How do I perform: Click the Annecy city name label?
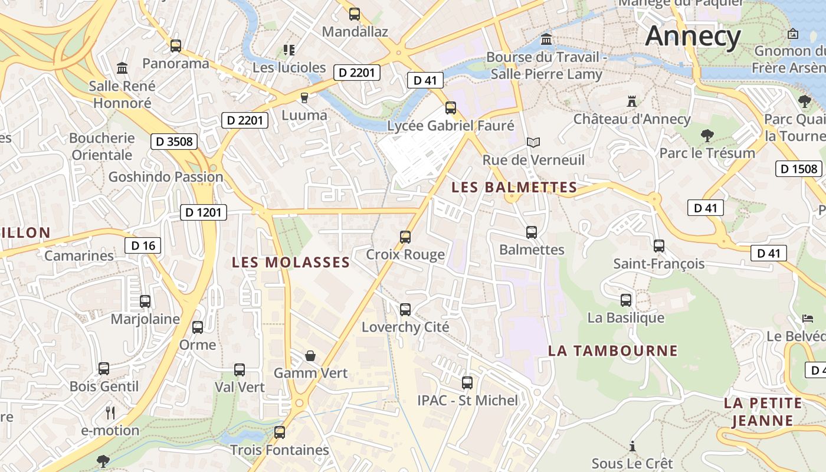click(693, 37)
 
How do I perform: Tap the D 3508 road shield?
click(173, 142)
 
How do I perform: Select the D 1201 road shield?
click(204, 212)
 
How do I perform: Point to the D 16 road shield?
click(143, 245)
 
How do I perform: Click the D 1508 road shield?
click(799, 169)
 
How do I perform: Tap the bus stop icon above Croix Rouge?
click(405, 237)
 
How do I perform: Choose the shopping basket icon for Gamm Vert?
click(310, 356)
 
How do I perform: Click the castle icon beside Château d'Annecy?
click(632, 101)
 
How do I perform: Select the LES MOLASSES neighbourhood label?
click(291, 263)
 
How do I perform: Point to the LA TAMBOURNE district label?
click(613, 351)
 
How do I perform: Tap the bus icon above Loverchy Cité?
click(405, 310)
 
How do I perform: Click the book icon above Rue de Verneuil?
click(533, 142)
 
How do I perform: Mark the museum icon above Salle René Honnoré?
click(122, 68)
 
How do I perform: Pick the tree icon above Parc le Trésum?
click(707, 136)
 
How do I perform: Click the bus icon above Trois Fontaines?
click(280, 432)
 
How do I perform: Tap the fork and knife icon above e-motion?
click(110, 412)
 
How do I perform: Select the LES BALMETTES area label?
click(514, 188)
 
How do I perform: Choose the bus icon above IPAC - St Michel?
click(467, 383)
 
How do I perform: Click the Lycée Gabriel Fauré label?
click(451, 126)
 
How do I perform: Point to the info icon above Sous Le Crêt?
click(632, 446)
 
